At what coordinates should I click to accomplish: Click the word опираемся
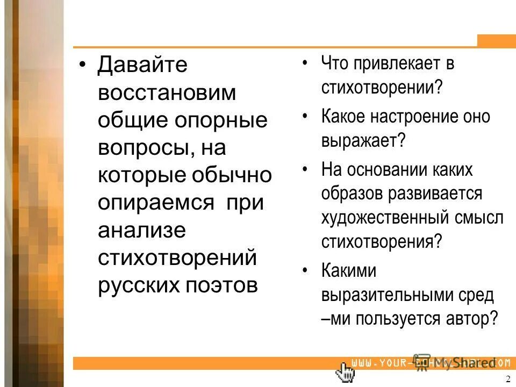pyautogui.click(x=154, y=203)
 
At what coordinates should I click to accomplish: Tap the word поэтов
pyautogui.click(x=228, y=285)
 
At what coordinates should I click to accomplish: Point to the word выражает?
pyautogui.click(x=363, y=142)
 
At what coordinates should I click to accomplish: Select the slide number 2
pyautogui.click(x=508, y=378)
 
